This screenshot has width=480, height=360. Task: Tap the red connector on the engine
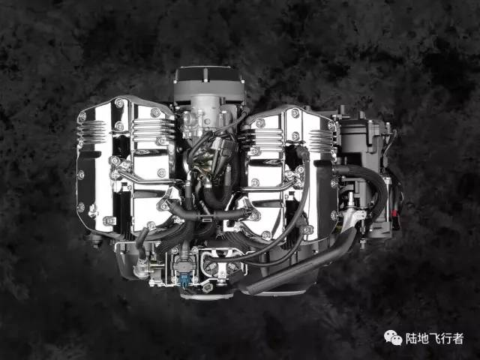(x=394, y=212)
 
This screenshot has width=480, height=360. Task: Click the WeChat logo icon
(x=393, y=338)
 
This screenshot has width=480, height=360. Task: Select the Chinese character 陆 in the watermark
(x=412, y=338)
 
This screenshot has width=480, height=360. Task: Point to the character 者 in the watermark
(x=458, y=338)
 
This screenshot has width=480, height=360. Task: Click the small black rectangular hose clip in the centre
(x=205, y=219)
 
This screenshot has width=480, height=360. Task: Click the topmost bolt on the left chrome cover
(x=119, y=103)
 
